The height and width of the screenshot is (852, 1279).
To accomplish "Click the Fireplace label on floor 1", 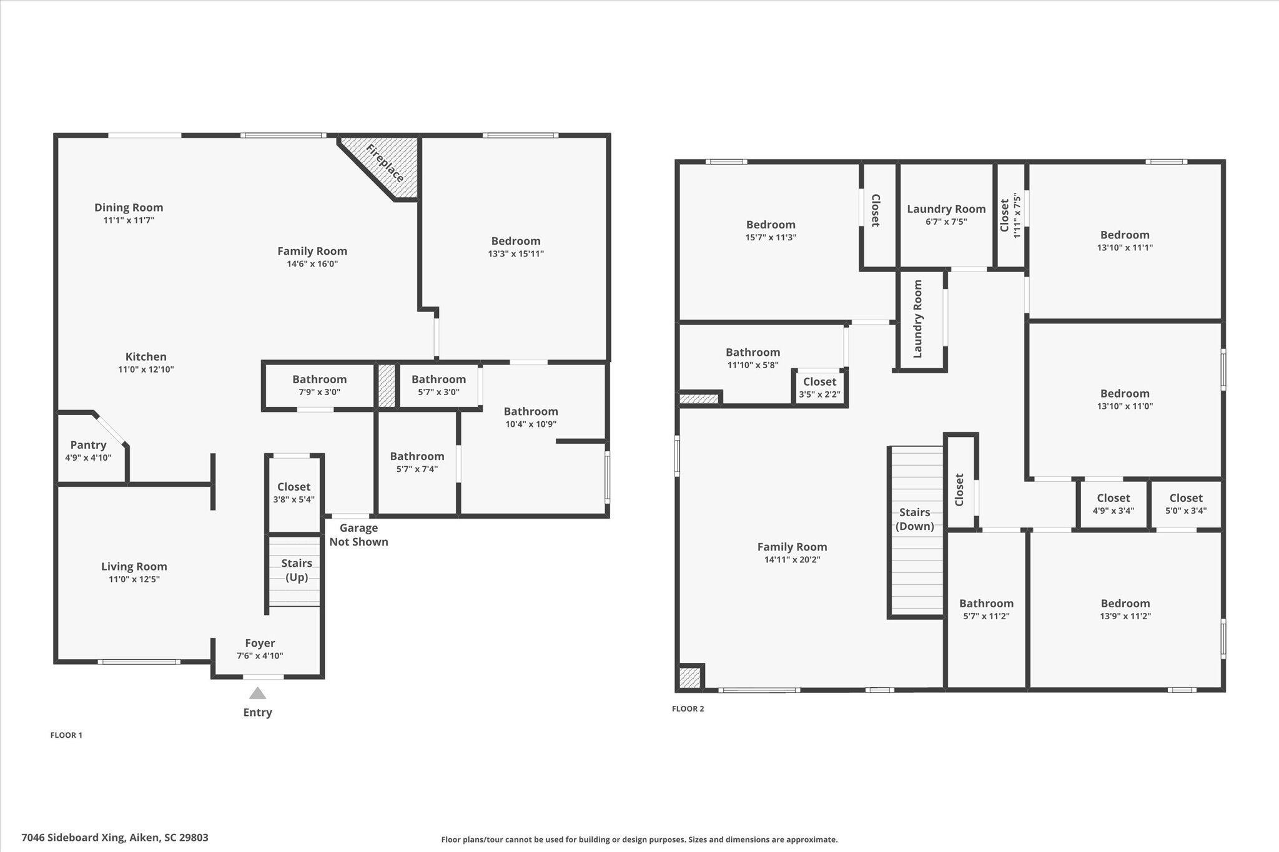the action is [x=385, y=164].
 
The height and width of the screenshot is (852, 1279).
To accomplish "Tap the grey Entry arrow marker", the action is [x=257, y=693].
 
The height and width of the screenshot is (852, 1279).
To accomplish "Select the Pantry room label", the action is [x=88, y=444].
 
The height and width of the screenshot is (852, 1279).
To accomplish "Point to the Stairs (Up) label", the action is [x=297, y=570].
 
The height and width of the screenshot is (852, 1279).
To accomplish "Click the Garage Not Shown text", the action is [x=358, y=535].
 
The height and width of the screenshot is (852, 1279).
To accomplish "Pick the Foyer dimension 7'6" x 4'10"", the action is [x=260, y=655].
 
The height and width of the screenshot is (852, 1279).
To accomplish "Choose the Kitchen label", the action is [x=146, y=356].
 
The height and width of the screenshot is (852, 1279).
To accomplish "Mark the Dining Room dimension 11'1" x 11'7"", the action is [x=129, y=220].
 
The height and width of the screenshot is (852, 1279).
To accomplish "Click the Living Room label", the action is [x=134, y=566].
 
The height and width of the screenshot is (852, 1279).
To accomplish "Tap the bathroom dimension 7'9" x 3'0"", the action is [x=319, y=392].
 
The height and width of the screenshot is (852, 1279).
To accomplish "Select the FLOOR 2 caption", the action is [x=688, y=708].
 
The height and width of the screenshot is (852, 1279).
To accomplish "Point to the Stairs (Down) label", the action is [x=915, y=519].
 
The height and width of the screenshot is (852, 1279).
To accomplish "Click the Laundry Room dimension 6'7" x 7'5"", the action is [x=946, y=222].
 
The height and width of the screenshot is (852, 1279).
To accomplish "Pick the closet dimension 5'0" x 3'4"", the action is [x=1186, y=511].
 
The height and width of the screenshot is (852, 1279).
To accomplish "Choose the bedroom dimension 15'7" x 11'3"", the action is [x=771, y=237].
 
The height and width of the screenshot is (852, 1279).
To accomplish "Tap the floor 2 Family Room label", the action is [x=792, y=547].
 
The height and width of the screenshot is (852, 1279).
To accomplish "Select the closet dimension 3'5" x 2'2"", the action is [x=819, y=394].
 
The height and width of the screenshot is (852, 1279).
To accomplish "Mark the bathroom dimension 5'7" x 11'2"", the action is [x=986, y=616].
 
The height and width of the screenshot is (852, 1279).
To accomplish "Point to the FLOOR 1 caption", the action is [x=66, y=735].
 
